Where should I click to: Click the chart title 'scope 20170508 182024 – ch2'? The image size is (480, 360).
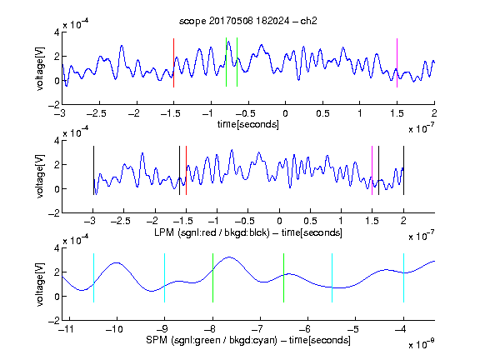click(x=248, y=21)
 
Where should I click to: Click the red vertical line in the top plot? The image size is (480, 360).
click(x=173, y=62)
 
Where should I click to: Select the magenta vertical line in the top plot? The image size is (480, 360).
click(x=397, y=62)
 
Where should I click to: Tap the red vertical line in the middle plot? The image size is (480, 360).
click(x=186, y=171)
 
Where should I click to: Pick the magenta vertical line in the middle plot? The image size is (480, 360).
click(x=372, y=171)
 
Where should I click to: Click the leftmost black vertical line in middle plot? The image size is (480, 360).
click(x=93, y=171)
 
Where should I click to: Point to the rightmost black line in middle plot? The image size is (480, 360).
click(x=403, y=171)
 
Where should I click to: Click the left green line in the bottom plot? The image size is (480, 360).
click(x=212, y=278)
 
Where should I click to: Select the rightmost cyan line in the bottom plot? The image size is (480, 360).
click(x=403, y=278)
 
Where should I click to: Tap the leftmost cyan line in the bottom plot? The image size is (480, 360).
click(x=93, y=278)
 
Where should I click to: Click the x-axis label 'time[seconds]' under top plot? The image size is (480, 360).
click(x=248, y=124)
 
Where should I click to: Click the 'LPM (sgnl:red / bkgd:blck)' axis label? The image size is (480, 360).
click(x=212, y=232)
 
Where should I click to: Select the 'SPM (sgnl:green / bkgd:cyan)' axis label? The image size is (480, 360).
click(x=212, y=340)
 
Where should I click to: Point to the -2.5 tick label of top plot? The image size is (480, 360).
click(x=97, y=113)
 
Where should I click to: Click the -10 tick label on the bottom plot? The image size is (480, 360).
click(x=114, y=329)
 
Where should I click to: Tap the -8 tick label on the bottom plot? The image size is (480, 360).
click(x=210, y=329)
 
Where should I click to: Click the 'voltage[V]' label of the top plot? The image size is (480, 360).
click(x=40, y=68)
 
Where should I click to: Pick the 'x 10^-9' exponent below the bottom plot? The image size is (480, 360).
click(x=422, y=344)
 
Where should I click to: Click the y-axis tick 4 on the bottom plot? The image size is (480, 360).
click(x=57, y=247)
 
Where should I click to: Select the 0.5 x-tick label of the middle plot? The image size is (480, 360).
click(x=310, y=221)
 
